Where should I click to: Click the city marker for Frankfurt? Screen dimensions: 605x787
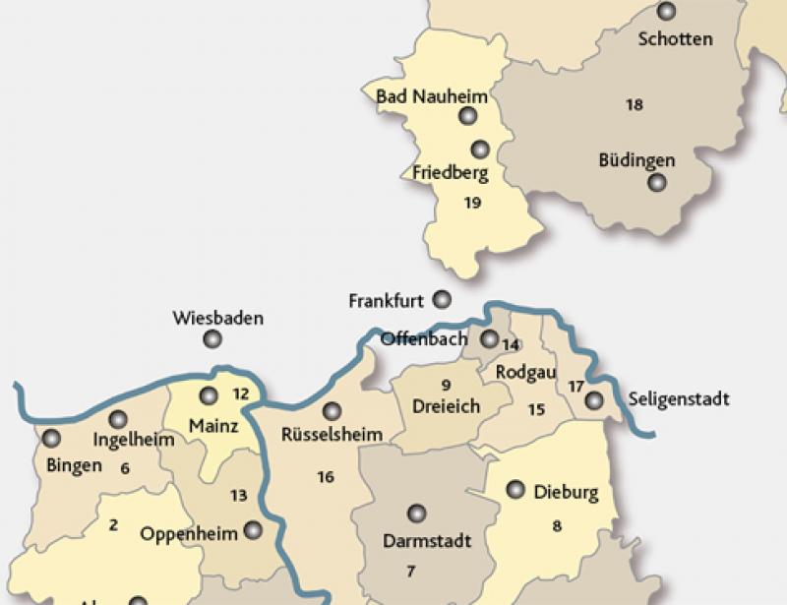[x=443, y=299]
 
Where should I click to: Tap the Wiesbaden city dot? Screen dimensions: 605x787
[x=212, y=340]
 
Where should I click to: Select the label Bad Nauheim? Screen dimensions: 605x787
[x=419, y=96]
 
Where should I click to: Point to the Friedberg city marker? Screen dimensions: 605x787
[x=480, y=150]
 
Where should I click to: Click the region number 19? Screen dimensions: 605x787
[x=472, y=203]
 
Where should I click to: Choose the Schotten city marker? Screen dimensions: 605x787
[x=668, y=12]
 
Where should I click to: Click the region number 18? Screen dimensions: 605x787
[x=635, y=104]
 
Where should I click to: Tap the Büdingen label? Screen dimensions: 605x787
[x=636, y=159]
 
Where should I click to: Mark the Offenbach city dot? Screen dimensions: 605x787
[x=489, y=339]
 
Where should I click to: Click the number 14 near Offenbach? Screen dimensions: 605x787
[x=511, y=344]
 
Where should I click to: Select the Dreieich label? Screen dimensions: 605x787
[x=448, y=404]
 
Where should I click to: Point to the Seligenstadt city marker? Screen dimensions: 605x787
[x=593, y=400]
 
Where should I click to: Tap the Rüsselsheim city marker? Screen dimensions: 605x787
[x=332, y=411]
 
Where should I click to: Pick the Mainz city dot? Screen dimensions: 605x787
[x=209, y=396]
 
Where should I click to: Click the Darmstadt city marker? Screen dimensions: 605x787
[x=417, y=514]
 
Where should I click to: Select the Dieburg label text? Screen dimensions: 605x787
[x=566, y=493]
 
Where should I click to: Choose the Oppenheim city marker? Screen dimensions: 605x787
[x=254, y=530]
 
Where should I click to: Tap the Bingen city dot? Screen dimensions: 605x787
[x=51, y=439]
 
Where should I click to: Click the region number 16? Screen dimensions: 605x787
[x=326, y=477]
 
